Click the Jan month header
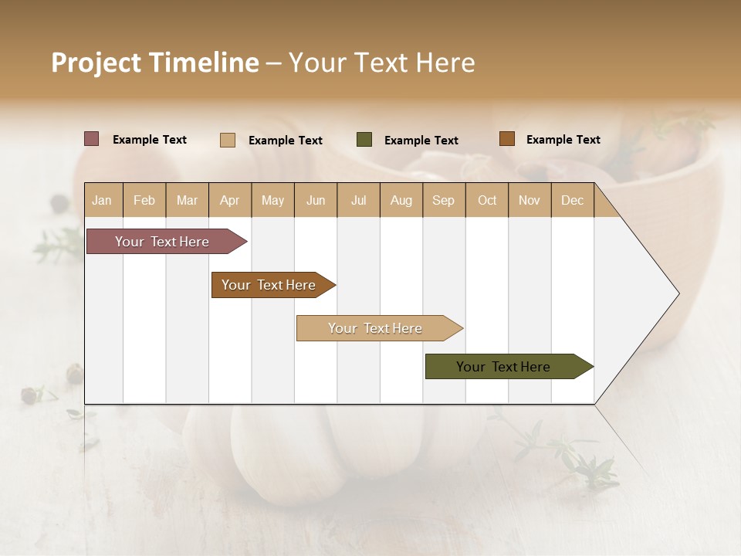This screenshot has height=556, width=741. pos(102,200)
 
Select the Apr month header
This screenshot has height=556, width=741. pos(229,200)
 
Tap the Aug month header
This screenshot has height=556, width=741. pos(401,200)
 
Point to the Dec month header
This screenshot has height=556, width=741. pos(572,200)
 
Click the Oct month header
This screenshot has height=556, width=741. pos(487,200)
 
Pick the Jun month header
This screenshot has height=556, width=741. pos(316,200)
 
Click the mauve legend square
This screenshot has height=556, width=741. pos(92,139)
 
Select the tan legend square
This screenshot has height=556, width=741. pos(228,140)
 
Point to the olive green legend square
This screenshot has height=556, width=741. pos(364,140)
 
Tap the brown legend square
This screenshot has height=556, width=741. pos(506,139)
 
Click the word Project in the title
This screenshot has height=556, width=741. pos(96,63)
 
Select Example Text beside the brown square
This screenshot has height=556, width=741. pos(563,140)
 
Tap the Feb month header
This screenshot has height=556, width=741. pos(144,200)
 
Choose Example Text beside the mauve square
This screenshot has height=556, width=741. pos(149,140)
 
